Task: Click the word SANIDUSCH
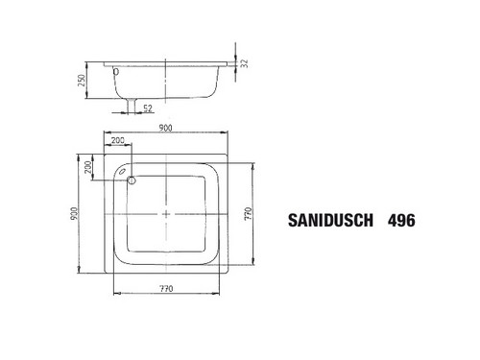[330, 220]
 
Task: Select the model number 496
[401, 220]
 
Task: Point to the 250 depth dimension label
[82, 80]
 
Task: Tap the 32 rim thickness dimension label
[245, 63]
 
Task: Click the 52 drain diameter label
[148, 108]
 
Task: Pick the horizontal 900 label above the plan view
[165, 128]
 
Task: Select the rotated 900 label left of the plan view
[74, 213]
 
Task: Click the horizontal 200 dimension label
[118, 140]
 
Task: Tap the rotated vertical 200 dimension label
[87, 167]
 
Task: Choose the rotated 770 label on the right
[249, 213]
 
